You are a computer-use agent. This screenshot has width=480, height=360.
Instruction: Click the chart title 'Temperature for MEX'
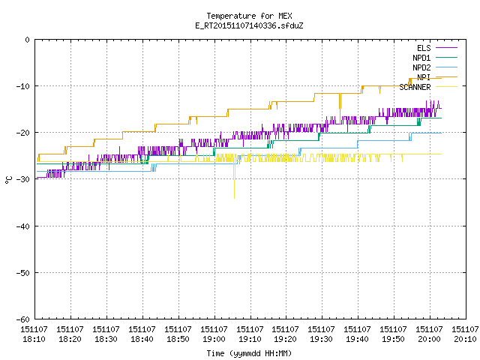coord(249,16)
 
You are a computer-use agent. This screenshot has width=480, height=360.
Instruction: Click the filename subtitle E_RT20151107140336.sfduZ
coord(249,25)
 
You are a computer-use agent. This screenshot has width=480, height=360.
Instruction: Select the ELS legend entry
coord(424,48)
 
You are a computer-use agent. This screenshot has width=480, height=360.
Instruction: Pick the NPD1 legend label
coord(421,58)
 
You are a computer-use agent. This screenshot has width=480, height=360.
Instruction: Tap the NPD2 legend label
coord(421,67)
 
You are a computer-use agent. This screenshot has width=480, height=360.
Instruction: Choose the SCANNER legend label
coord(415,87)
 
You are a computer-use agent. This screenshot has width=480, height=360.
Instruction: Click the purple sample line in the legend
coord(446,48)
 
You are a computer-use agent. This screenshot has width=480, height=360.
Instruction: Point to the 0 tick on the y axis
coord(28,40)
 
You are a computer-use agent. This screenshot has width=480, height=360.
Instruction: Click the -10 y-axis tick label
coord(23,86)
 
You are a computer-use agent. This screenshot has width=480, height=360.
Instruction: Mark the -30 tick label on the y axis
coord(23,179)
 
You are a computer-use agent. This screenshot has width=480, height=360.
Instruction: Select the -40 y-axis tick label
coord(23,226)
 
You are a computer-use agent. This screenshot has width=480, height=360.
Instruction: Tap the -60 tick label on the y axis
coord(23,319)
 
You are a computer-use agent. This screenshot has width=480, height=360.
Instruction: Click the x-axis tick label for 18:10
coord(34,334)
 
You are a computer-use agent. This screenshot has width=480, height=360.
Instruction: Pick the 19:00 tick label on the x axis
coord(214,334)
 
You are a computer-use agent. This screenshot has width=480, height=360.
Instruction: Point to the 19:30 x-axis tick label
coord(322,334)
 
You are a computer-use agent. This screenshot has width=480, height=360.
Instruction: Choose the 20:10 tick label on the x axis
coord(465,334)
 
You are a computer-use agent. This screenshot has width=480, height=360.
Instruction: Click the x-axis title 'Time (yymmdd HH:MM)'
coord(249,353)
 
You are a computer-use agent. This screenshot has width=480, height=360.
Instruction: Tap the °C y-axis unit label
coord(8,180)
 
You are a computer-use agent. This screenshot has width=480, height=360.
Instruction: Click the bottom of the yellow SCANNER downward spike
coord(235,198)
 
